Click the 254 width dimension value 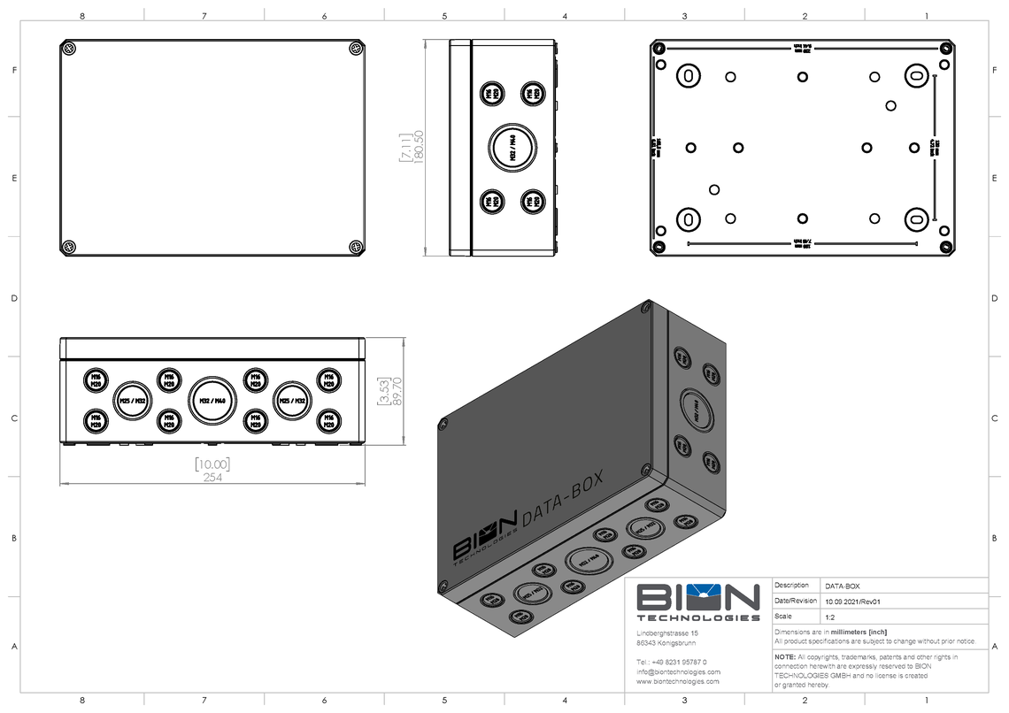click(212, 479)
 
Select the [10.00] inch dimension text click(212, 464)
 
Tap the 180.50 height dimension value click(419, 148)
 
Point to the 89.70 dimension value click(396, 391)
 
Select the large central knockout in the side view click(512, 147)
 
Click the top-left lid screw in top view click(70, 50)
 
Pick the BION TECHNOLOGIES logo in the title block click(698, 602)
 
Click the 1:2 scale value click(830, 616)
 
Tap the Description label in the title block click(791, 586)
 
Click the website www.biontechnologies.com click(678, 682)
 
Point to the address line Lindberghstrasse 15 click(668, 633)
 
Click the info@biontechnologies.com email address click(679, 671)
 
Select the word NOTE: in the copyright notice click(785, 656)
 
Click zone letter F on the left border click(14, 70)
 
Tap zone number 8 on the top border click(82, 15)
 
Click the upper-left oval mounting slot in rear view click(688, 76)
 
